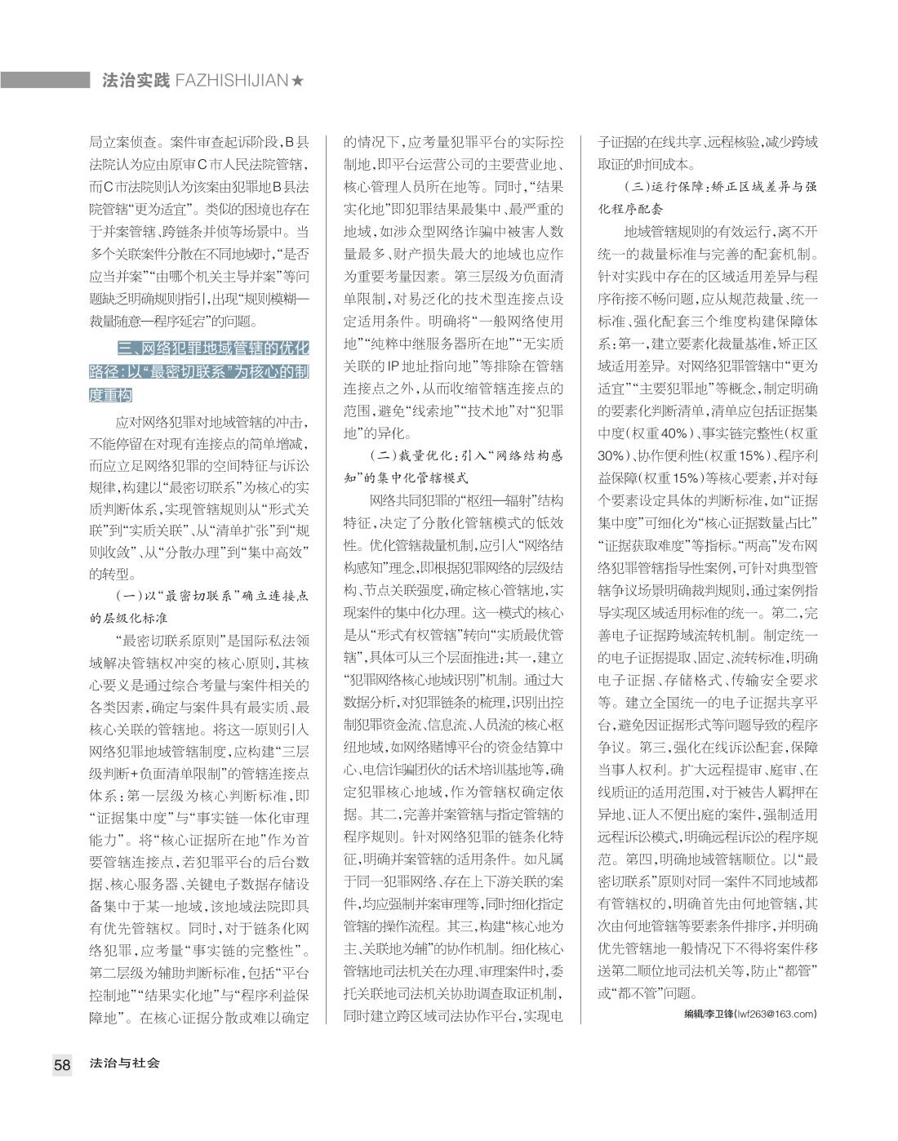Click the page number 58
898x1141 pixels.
62,1064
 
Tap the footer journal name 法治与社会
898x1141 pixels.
125,1063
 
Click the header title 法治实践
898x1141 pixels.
136,81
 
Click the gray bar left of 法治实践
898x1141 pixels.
45,80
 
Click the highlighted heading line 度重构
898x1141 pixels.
110,394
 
